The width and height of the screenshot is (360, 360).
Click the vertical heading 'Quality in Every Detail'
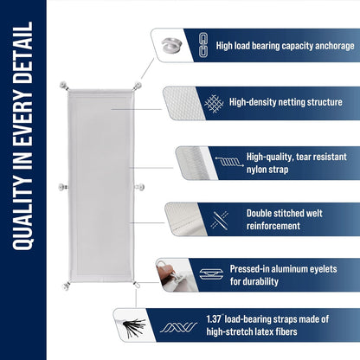coord(23,179)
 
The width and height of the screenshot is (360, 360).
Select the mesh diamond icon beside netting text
coord(213,102)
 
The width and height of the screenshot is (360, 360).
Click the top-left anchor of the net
coord(63,85)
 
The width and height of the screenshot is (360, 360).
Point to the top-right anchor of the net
coord(137,85)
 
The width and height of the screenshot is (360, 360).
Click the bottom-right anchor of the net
coord(136,283)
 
